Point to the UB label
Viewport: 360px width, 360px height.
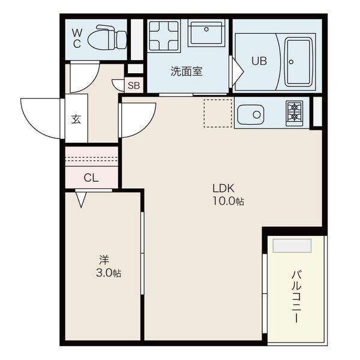(x=259, y=61)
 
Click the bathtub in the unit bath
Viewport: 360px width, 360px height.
(x=298, y=61)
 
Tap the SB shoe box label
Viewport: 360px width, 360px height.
(x=134, y=85)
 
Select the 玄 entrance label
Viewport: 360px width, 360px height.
(x=77, y=118)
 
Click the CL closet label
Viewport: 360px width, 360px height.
(x=91, y=177)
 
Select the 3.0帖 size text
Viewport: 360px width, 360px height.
(x=109, y=273)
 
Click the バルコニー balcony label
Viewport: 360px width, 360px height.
(x=296, y=297)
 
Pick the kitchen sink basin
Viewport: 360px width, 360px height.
(x=251, y=114)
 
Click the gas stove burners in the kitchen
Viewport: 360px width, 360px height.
(x=295, y=111)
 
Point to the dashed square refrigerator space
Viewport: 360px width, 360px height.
(x=218, y=113)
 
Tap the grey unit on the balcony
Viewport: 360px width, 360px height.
(x=292, y=245)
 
